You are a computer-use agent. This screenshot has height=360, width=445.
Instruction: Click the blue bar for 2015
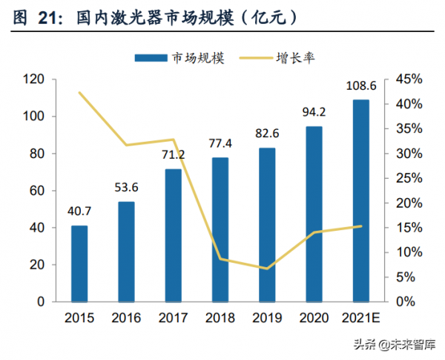tap(79, 264)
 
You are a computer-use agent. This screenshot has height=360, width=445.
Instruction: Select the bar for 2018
tap(220, 229)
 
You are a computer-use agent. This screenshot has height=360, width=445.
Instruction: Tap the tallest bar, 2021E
tap(360, 200)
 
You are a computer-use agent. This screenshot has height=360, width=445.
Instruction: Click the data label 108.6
tap(360, 86)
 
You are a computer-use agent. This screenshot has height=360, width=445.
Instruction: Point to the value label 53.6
tap(126, 189)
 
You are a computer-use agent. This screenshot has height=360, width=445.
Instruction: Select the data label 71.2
tap(173, 156)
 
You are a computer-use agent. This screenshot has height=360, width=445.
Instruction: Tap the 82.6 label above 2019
tap(267, 134)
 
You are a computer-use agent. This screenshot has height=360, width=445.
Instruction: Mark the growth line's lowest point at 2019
tap(267, 269)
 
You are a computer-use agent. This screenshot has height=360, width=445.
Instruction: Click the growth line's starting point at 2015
tap(79, 93)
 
